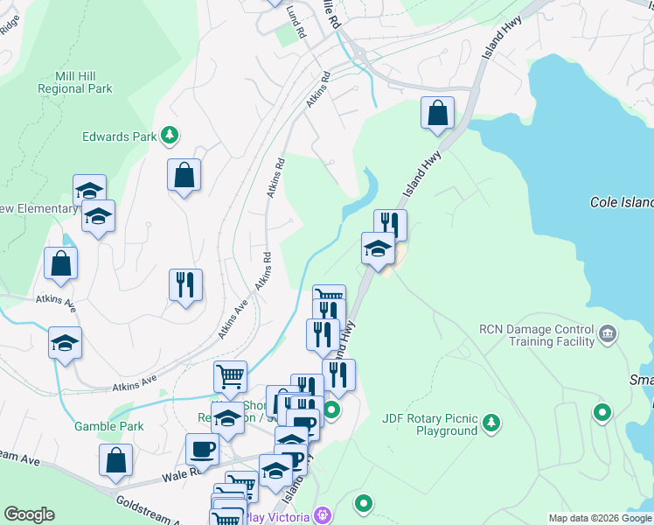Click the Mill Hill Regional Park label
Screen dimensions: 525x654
75,82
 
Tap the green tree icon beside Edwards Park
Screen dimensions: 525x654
170,136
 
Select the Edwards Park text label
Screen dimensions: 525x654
119,136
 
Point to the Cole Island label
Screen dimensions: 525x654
621,202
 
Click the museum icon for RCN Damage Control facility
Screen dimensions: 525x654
609,333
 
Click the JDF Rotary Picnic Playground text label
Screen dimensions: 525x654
430,424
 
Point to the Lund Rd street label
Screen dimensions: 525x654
296,23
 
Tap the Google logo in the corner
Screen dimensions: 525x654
29,514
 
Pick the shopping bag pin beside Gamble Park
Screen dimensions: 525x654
115,460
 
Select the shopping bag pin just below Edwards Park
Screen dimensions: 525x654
184,175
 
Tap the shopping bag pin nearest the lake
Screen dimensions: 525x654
437,113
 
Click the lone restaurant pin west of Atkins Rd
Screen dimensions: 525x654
185,284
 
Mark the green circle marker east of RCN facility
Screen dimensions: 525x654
602,411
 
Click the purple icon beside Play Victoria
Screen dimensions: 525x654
323,516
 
